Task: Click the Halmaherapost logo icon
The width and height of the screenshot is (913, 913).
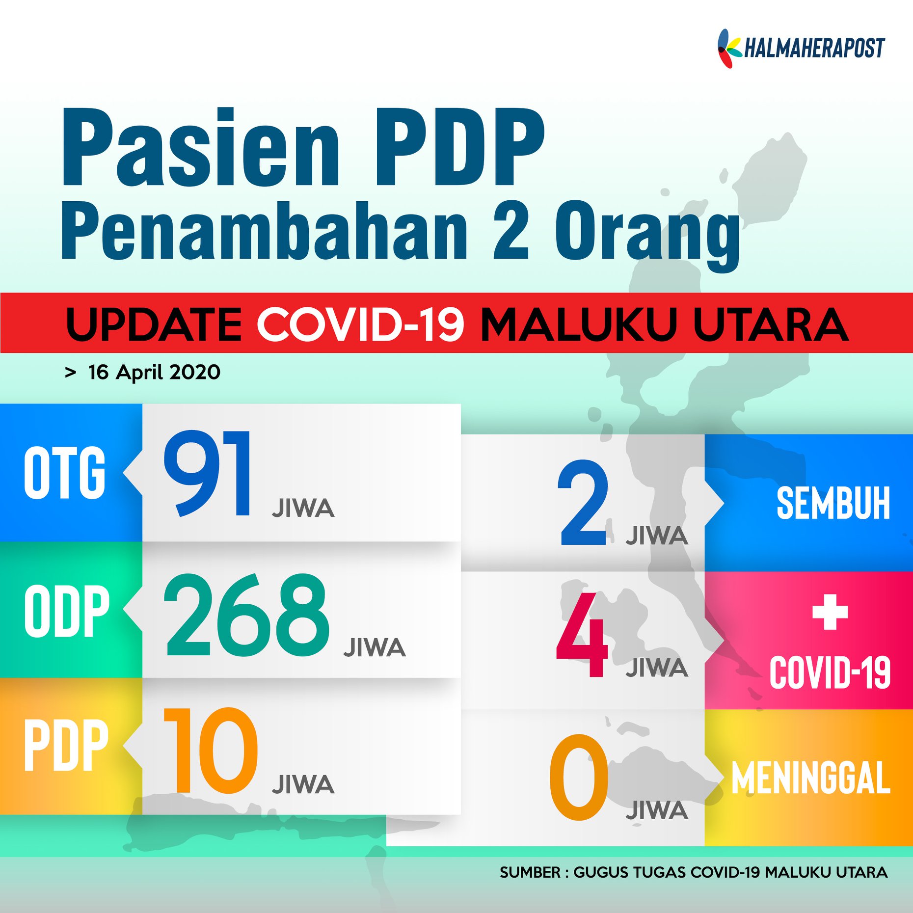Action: [729, 48]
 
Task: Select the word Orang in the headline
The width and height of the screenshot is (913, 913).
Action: [647, 236]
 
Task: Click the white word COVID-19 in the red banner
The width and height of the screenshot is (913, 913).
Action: [360, 324]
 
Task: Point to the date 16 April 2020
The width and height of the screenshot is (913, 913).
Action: [154, 372]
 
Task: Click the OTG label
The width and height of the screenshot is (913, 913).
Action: [64, 472]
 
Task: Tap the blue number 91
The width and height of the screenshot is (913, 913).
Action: [208, 473]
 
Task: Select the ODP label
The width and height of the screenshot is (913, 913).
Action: [67, 611]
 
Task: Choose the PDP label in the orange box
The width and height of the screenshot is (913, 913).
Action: [66, 745]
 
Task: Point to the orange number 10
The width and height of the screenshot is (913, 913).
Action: [210, 751]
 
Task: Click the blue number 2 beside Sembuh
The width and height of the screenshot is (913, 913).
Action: [583, 502]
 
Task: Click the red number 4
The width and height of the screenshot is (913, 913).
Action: [582, 634]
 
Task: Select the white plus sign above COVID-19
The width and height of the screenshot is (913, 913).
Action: [830, 612]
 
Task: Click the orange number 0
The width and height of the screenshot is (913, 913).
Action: [579, 777]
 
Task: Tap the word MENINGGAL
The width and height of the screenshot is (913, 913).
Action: [811, 778]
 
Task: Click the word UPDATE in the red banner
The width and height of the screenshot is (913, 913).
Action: [154, 324]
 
